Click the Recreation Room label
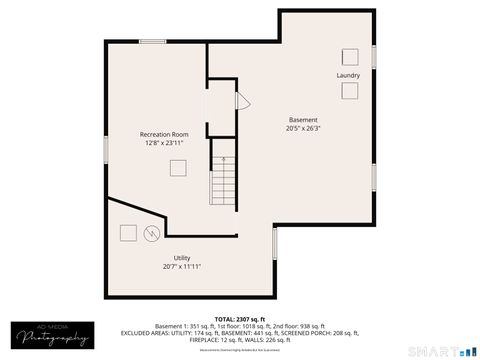[x=164, y=134]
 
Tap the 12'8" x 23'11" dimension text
[x=164, y=143]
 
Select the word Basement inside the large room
[x=303, y=119]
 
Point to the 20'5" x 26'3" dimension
[x=303, y=128]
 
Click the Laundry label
[x=348, y=75]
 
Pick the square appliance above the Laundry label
[x=350, y=55]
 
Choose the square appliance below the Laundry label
[x=350, y=91]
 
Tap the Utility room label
[x=182, y=258]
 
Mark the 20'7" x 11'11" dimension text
[x=182, y=267]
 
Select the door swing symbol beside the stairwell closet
[x=240, y=101]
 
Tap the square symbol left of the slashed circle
[x=128, y=233]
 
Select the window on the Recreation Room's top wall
[x=153, y=41]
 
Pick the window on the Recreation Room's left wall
[x=106, y=147]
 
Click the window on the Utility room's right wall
[x=274, y=244]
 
